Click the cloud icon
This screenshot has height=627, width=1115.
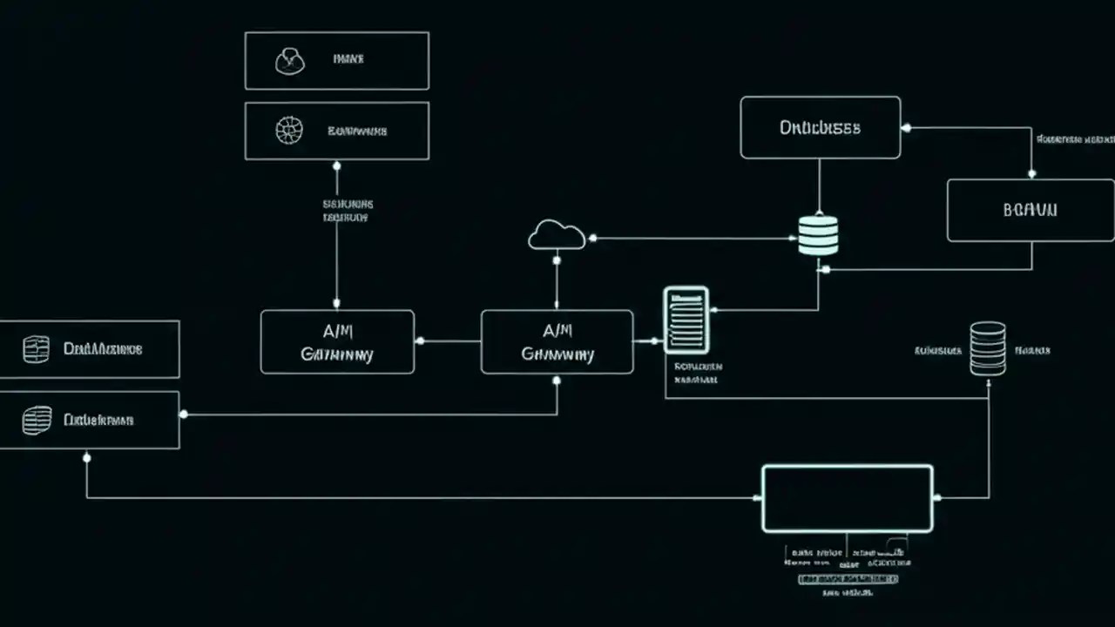pyautogui.click(x=557, y=235)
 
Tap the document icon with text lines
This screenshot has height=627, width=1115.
pyautogui.click(x=686, y=320)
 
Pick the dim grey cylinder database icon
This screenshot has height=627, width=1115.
pyautogui.click(x=988, y=348)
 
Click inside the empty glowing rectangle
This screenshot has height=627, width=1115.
pyautogui.click(x=847, y=498)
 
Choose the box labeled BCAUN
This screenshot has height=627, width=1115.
pyautogui.click(x=1030, y=210)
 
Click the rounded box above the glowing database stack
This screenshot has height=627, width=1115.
pyautogui.click(x=820, y=127)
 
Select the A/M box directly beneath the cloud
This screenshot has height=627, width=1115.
pyautogui.click(x=557, y=341)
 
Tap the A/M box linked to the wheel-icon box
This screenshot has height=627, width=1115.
pyautogui.click(x=337, y=341)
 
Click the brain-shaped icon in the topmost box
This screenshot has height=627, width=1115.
pyautogui.click(x=289, y=61)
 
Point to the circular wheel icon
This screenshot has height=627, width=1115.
pyautogui.click(x=288, y=131)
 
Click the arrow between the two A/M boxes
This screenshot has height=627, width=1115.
pyautogui.click(x=448, y=340)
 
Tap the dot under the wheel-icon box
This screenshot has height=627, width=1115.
pyautogui.click(x=337, y=165)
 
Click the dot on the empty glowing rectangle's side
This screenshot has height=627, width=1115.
pyautogui.click(x=936, y=498)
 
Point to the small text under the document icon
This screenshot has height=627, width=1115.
pyautogui.click(x=697, y=373)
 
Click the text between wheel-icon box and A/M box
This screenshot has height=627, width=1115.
pyautogui.click(x=348, y=210)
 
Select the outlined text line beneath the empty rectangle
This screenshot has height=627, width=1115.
pyautogui.click(x=848, y=578)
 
